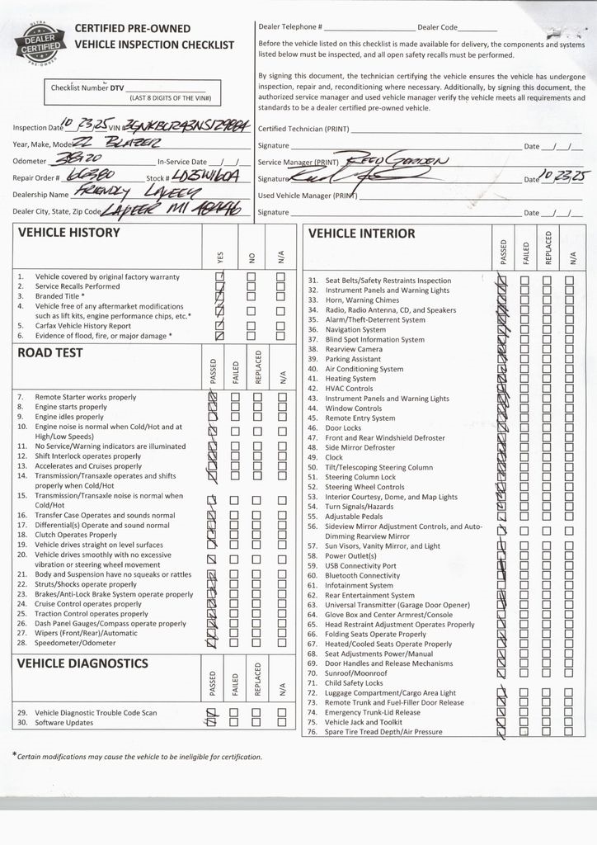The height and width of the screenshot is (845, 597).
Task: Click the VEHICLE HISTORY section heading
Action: [x=68, y=234]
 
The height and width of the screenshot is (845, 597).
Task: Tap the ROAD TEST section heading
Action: [x=50, y=353]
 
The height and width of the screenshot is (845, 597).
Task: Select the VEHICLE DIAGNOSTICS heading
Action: [x=82, y=663]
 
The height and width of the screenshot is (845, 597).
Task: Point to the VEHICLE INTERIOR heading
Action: [x=361, y=234]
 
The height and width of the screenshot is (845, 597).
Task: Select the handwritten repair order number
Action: [x=94, y=176]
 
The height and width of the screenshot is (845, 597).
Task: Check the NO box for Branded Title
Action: [x=251, y=297]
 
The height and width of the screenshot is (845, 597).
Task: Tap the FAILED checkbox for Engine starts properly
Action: [x=235, y=407]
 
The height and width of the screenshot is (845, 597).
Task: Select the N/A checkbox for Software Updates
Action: [x=281, y=722]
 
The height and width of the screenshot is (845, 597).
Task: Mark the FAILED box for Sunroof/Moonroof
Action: [x=524, y=673]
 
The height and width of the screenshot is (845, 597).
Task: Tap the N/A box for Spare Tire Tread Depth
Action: [x=569, y=732]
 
